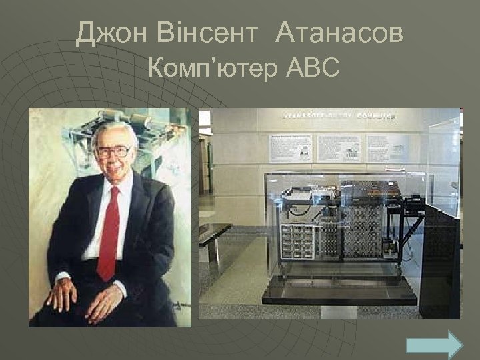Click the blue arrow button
[x=434, y=345]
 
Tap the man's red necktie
[x=109, y=233]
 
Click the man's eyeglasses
[x=114, y=151]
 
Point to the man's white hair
[x=113, y=130]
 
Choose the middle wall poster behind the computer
[x=339, y=147]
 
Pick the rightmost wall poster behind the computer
[x=387, y=147]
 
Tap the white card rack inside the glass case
[x=297, y=239]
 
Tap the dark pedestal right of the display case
[x=441, y=260]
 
